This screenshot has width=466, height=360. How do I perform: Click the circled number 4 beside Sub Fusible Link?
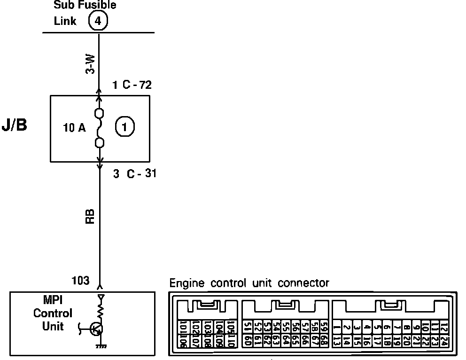(98, 21)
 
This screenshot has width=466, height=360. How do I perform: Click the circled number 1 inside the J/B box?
(125, 127)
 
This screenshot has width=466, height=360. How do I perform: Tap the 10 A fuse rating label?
(75, 127)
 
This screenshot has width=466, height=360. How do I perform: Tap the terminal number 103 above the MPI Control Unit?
(80, 281)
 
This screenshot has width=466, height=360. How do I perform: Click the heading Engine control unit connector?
(249, 283)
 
